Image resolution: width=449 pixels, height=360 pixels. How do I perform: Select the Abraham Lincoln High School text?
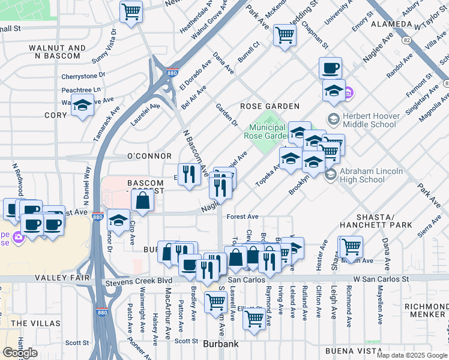[371, 175]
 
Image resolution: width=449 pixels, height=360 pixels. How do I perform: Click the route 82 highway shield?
[406, 40]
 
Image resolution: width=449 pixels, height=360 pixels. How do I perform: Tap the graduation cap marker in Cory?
[82, 104]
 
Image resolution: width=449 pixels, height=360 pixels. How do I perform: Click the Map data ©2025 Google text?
[412, 355]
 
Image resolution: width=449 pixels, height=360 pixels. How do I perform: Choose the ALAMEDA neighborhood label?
[391, 25]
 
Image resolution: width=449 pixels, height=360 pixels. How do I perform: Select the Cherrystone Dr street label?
[83, 76]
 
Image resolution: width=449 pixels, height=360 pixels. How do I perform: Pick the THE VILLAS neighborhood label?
[28, 323]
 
